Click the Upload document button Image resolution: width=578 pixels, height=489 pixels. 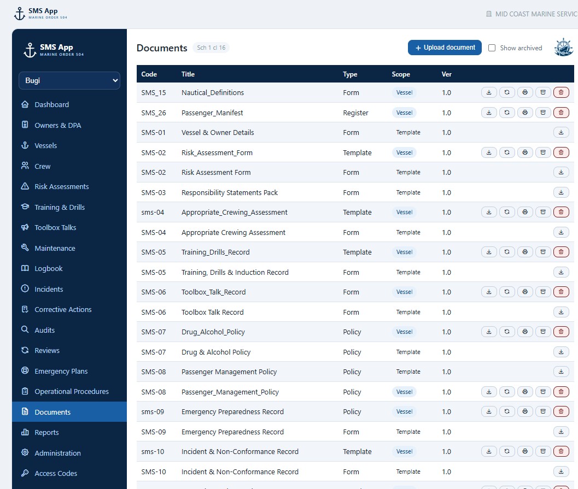pos(445,48)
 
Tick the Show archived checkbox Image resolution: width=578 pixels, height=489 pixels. pos(492,48)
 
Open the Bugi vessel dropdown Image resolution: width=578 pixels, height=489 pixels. pos(69,80)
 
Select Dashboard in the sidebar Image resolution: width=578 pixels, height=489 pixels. pos(51,104)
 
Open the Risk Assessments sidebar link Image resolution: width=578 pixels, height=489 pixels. pos(62,187)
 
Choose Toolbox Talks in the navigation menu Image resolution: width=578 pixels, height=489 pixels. pos(55,227)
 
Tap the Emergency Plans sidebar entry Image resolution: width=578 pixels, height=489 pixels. pos(61,371)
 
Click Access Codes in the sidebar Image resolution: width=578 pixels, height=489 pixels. pos(56,474)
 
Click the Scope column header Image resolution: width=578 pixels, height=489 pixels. pos(401,74)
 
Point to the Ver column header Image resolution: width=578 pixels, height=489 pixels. pos(446,74)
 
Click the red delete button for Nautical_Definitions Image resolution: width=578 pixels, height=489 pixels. pos(561,92)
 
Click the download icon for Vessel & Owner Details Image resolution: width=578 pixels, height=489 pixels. pos(561,132)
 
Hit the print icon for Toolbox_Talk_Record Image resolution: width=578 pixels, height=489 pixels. pos(525,292)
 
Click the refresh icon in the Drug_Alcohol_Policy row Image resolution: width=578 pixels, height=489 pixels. pos(507,332)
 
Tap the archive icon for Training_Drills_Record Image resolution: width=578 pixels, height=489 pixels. pos(543,252)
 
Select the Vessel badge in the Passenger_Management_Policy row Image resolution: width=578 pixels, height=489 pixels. pos(404,392)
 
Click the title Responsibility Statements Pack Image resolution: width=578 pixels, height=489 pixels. pos(229,192)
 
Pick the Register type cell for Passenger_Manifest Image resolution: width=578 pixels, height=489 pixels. pos(355,113)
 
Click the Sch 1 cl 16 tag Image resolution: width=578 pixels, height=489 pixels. pos(211,48)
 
